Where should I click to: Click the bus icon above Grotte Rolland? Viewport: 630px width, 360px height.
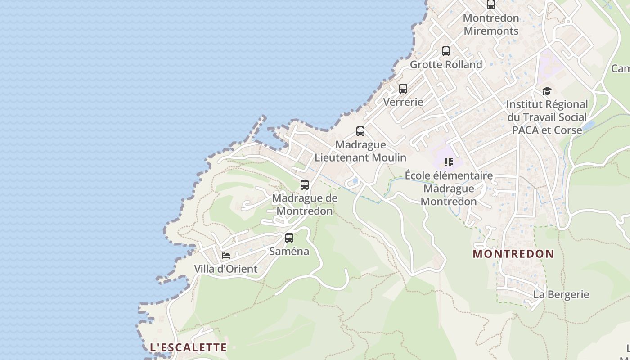(x=446, y=51)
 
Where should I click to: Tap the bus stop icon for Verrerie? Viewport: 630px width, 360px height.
(x=403, y=89)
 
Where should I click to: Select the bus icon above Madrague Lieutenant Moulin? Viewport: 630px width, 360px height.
(x=360, y=131)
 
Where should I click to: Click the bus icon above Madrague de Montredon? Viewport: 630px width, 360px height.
(x=305, y=185)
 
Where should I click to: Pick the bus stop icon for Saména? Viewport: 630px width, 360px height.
(x=289, y=238)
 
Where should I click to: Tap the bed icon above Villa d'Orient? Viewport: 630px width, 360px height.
(x=226, y=256)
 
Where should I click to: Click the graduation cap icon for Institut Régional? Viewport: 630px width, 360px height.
(x=547, y=91)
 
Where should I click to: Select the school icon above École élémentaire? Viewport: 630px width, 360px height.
(x=448, y=162)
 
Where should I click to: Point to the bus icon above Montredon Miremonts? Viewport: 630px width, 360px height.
(x=491, y=5)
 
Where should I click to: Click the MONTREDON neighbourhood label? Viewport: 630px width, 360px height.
(x=513, y=254)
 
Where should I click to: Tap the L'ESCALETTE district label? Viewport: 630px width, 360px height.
(x=188, y=347)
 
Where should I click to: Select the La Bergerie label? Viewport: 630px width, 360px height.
(x=561, y=295)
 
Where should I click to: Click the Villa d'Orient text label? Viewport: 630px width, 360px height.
(x=226, y=269)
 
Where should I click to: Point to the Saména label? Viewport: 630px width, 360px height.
(x=289, y=252)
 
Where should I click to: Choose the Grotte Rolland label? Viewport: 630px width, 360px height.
(x=446, y=65)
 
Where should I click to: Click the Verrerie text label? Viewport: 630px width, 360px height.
(x=403, y=102)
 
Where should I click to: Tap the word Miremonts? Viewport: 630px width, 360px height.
(x=491, y=31)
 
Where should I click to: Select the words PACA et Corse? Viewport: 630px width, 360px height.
(x=547, y=130)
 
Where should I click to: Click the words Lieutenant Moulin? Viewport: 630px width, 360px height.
(x=360, y=157)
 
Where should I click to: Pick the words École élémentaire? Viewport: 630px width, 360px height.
(x=449, y=175)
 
